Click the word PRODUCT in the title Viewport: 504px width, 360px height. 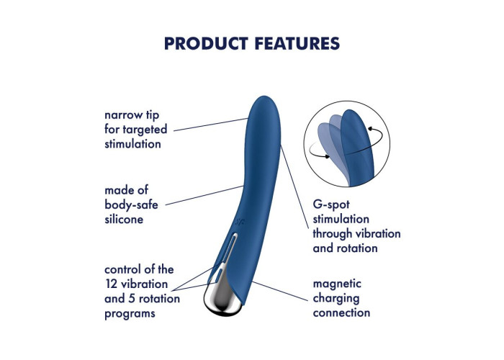206,43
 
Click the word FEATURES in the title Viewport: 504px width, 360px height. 297,43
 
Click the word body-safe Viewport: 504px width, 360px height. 131,204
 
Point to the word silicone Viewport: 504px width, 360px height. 124,219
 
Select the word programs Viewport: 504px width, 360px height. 130,314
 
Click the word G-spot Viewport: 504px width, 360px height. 331,204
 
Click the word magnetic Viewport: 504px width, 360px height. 337,284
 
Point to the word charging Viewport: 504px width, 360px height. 336,299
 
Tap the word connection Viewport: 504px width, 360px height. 341,312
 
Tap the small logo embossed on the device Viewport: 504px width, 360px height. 240,222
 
